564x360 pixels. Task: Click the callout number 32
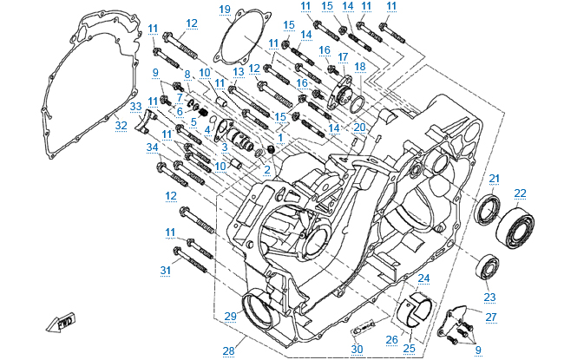pos(121,125)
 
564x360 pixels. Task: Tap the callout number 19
pos(225,10)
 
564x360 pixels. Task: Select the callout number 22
pos(520,193)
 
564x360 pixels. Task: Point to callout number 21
pos(494,179)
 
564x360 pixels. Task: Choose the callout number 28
pos(228,350)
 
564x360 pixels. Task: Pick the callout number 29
pos(231,314)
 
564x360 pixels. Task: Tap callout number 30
pos(357,349)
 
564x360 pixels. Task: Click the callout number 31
pos(166,270)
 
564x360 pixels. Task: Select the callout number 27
pos(491,317)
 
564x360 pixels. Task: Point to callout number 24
pos(423,278)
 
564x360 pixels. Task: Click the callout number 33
pos(135,106)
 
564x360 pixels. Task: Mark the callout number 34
pos(152,147)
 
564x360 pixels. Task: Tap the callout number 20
pos(359,127)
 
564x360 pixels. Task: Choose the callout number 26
pos(390,339)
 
